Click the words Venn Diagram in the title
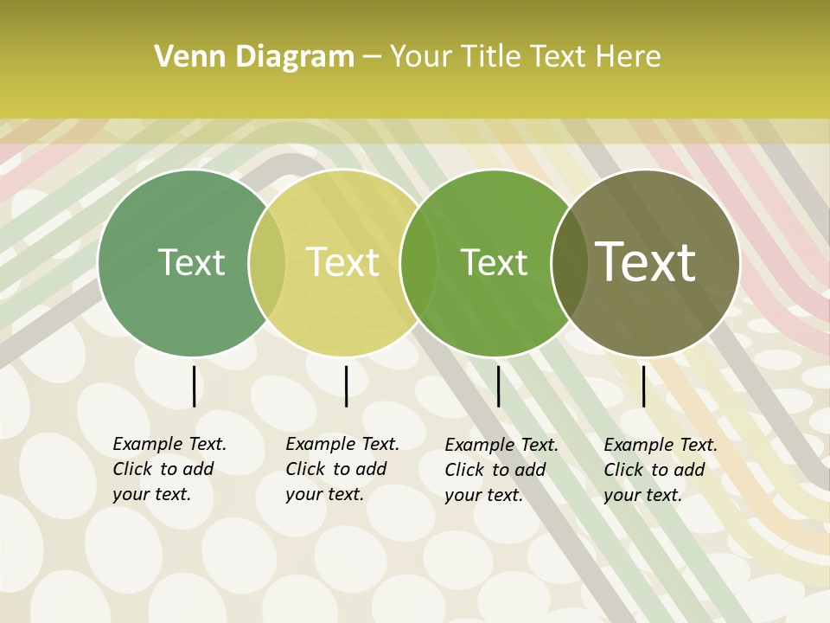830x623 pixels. [x=254, y=57]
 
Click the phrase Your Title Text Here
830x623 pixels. [x=525, y=57]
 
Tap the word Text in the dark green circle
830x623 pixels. [x=191, y=262]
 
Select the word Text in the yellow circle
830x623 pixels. [x=342, y=262]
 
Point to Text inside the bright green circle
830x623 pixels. [x=494, y=262]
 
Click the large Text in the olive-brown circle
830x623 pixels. [x=646, y=262]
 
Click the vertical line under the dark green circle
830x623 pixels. [x=194, y=386]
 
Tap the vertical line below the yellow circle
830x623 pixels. [x=346, y=386]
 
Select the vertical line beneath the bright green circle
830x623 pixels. [x=498, y=386]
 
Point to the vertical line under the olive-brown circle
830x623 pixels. [x=643, y=386]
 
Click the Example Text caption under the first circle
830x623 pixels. [x=169, y=469]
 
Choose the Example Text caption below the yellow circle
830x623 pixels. [x=342, y=469]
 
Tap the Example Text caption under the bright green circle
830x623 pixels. [x=501, y=470]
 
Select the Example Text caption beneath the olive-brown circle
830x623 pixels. [x=660, y=470]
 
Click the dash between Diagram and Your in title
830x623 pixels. [x=372, y=57]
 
